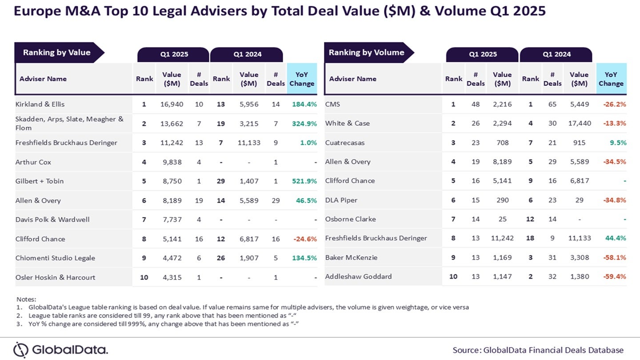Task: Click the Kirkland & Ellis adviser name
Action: (40, 104)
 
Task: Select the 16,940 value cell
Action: (172, 104)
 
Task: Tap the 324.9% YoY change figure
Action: (304, 124)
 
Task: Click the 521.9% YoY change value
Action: (304, 181)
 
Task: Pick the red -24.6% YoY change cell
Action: (304, 239)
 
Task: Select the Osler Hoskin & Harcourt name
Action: (55, 277)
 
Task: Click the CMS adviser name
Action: (333, 104)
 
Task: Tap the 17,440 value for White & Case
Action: (580, 124)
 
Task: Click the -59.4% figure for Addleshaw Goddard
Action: (614, 276)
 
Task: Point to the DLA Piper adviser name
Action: (341, 200)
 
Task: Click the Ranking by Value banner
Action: (57, 53)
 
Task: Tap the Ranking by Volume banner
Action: (366, 53)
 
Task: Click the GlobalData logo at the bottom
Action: (61, 350)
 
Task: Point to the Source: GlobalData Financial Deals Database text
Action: (538, 350)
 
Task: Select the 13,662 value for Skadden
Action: (172, 124)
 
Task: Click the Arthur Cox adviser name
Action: (33, 162)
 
